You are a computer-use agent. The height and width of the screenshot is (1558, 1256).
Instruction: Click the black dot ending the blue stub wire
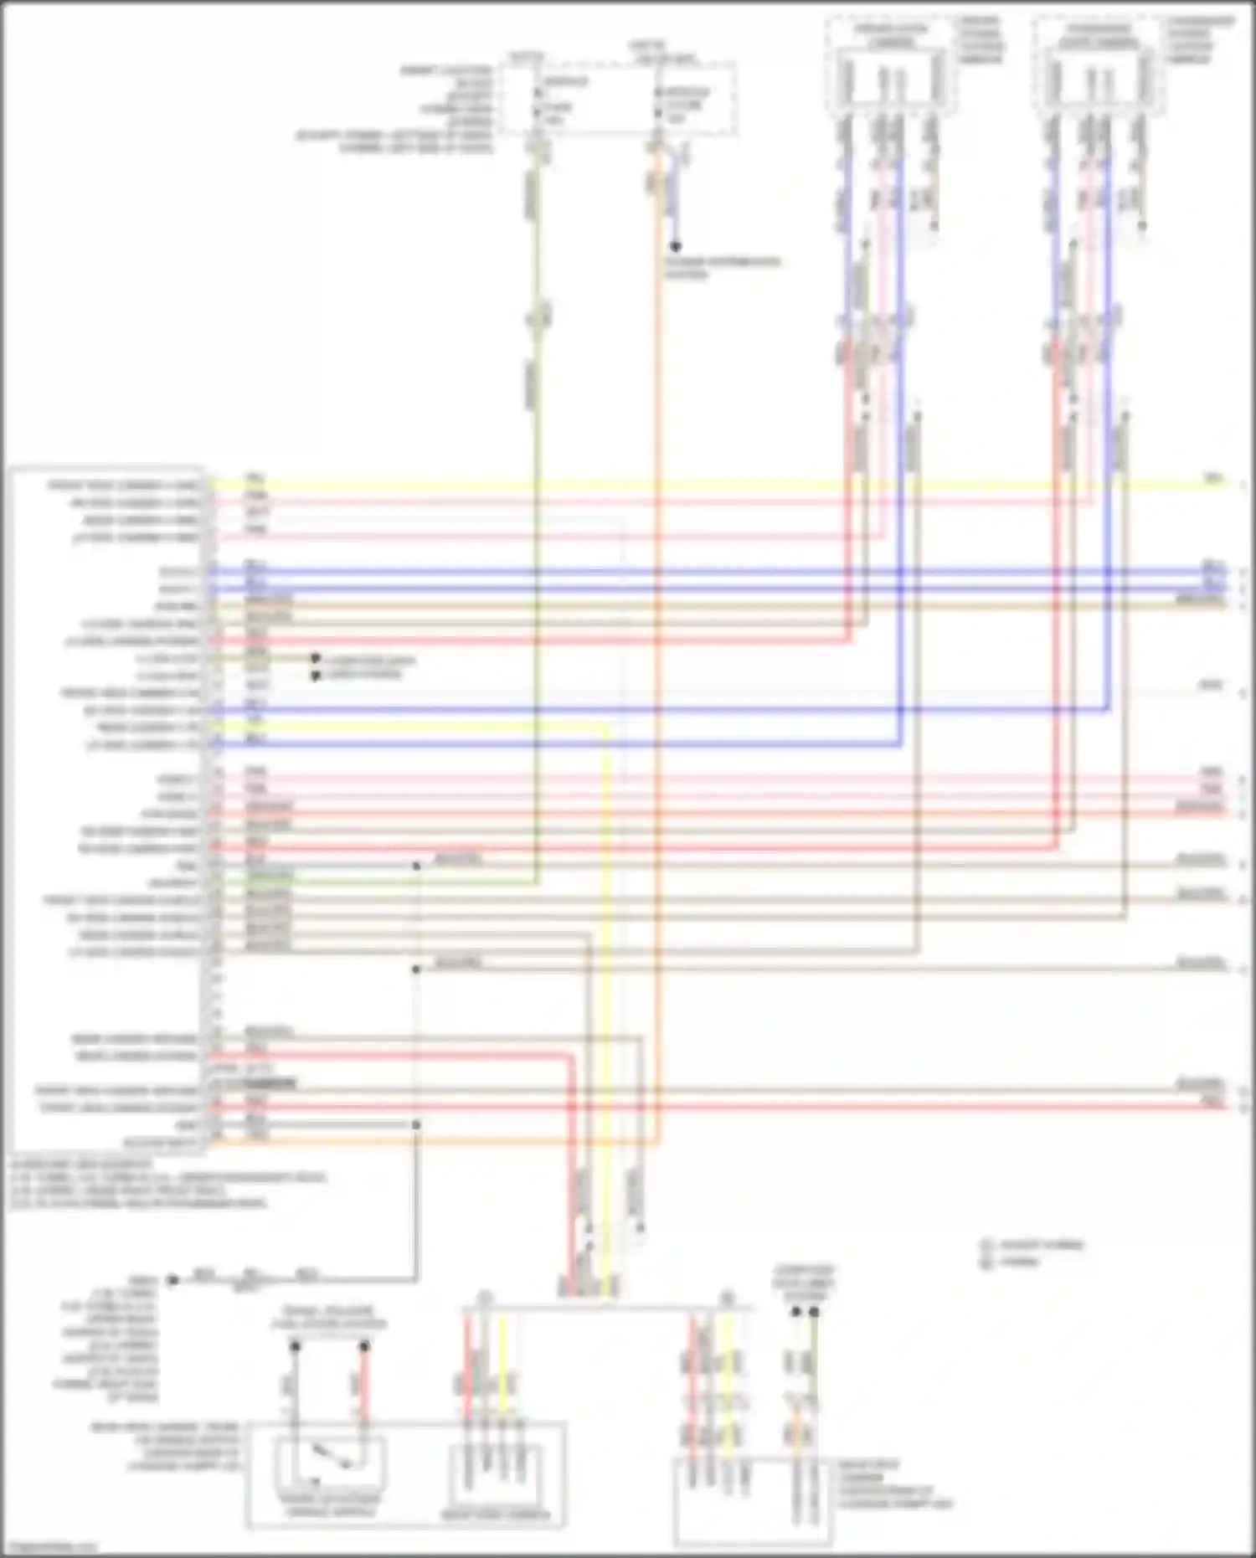point(675,246)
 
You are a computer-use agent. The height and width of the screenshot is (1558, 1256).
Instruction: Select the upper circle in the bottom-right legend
point(987,1245)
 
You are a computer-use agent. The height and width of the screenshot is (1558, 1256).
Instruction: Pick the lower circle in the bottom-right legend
point(987,1261)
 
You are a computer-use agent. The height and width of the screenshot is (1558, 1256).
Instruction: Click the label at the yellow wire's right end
point(1212,478)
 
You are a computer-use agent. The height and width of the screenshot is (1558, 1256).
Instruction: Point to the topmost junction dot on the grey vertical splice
point(416,866)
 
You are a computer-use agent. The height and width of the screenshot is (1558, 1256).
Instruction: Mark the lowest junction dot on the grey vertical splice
point(416,1124)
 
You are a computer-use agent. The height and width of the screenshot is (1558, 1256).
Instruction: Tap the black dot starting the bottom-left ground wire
point(173,1280)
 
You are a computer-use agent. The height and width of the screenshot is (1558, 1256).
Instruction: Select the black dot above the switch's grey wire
point(295,1346)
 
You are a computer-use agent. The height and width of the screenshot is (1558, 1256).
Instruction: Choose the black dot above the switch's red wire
point(364,1346)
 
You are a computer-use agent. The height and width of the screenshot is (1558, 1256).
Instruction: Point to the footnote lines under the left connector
point(167,1184)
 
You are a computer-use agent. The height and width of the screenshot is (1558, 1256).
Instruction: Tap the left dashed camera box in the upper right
point(891,65)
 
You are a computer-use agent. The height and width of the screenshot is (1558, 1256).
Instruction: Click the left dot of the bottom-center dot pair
point(796,1311)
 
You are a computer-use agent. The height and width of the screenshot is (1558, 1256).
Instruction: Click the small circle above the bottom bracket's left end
point(484,1298)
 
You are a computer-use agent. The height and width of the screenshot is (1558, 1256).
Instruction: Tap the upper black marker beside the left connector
point(316,659)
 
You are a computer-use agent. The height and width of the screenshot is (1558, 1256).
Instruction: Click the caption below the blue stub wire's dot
point(723,268)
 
